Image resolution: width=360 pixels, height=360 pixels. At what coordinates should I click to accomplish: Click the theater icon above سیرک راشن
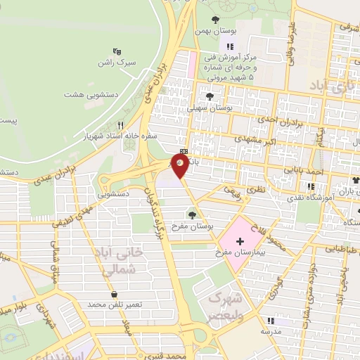point(117,51)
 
